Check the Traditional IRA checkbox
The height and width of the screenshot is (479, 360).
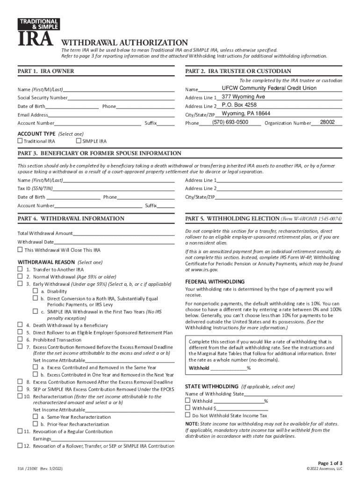(20, 141)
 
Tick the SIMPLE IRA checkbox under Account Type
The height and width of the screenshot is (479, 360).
(78, 141)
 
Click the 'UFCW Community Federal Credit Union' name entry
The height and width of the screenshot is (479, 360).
(269, 88)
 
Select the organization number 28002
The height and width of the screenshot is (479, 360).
(327, 122)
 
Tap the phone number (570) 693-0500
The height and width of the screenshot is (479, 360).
(230, 122)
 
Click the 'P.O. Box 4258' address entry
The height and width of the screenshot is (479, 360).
(239, 105)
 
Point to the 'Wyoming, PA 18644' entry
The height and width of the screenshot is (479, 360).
(245, 114)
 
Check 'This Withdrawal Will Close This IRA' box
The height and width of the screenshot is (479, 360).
(20, 250)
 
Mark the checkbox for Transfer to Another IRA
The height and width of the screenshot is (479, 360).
(20, 269)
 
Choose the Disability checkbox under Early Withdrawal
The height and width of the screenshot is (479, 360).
(35, 291)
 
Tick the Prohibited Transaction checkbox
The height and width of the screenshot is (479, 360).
(20, 340)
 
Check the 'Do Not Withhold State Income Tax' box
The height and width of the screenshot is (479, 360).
(188, 415)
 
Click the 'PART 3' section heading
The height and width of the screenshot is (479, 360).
(99, 153)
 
